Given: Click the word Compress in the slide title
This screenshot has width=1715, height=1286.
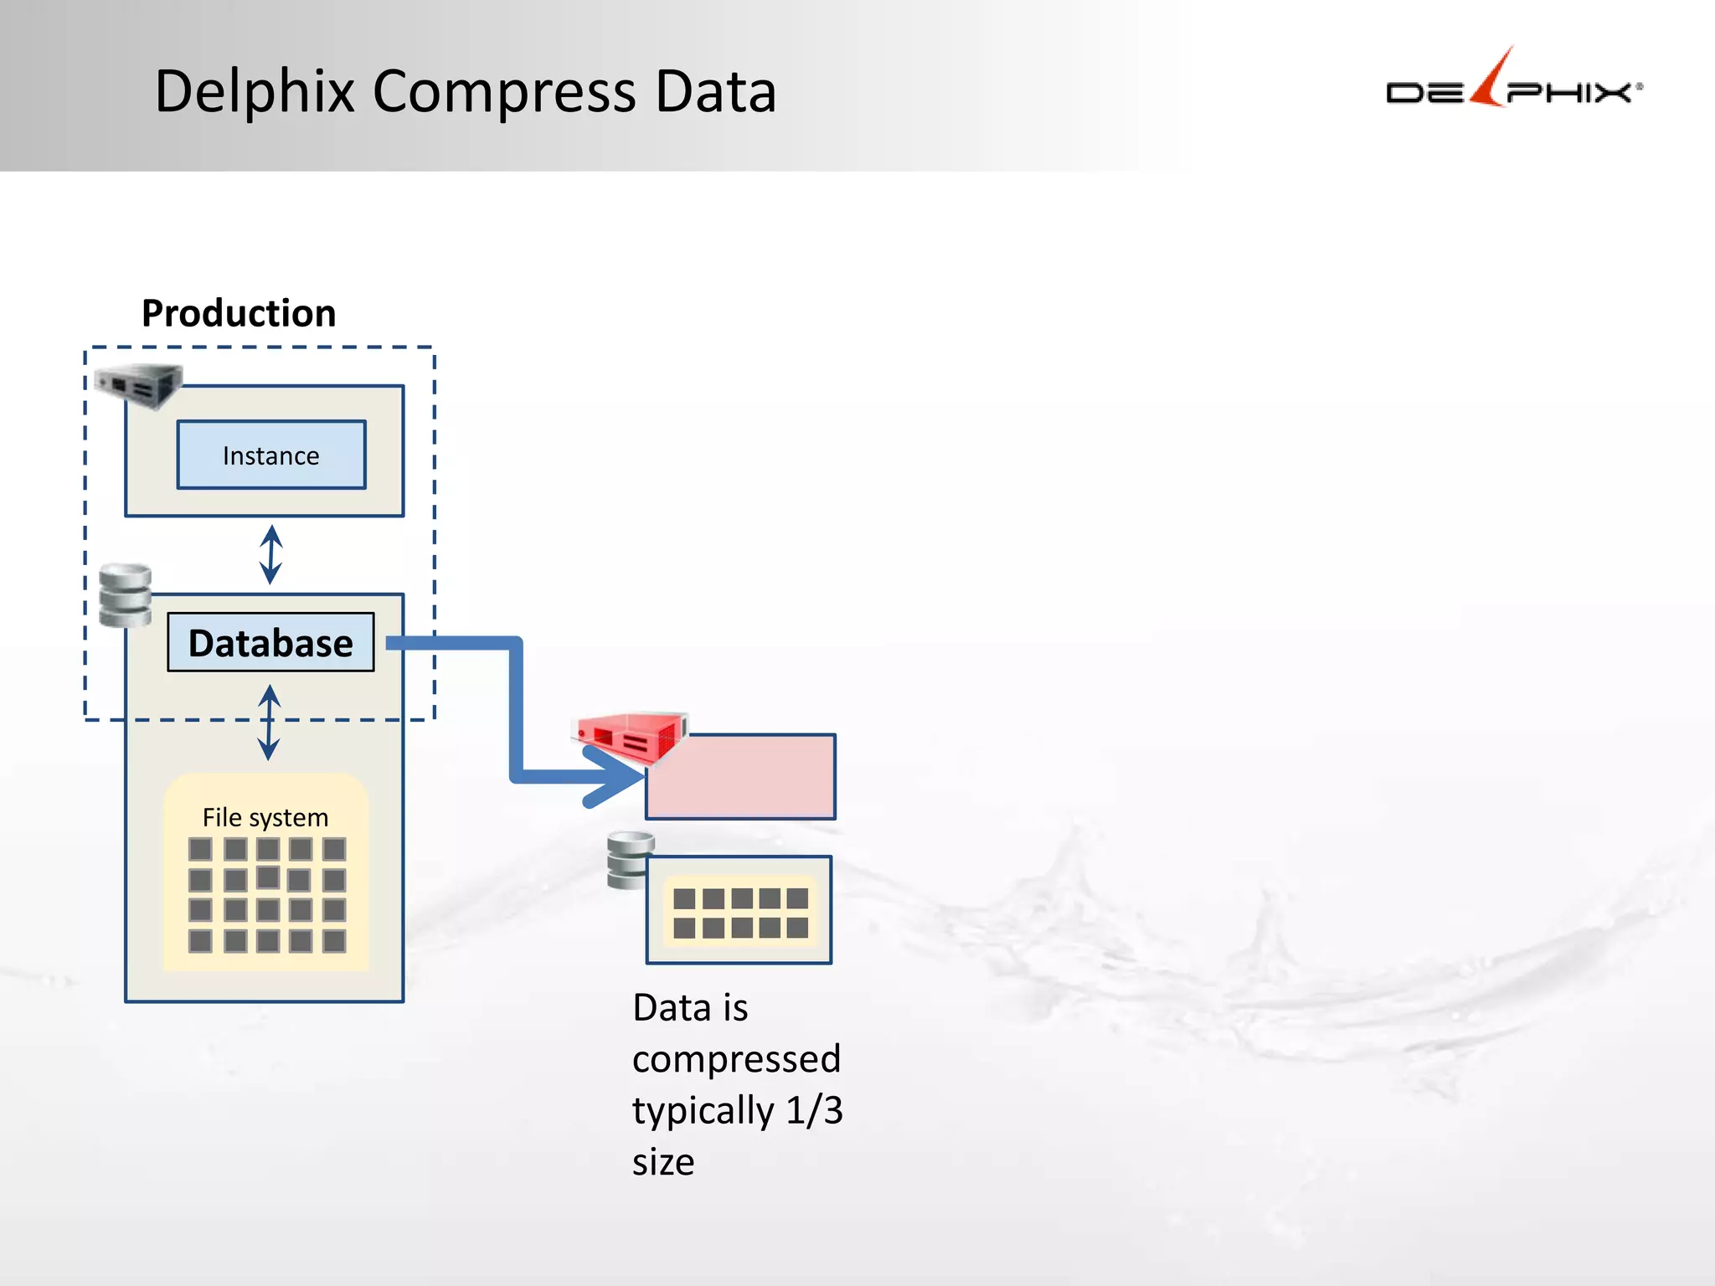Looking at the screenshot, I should click(503, 91).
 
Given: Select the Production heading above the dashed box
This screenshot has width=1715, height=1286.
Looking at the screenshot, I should click(239, 313).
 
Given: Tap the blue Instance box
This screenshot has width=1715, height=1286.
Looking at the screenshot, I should click(271, 455).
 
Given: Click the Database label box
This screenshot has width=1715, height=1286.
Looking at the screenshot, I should click(270, 642).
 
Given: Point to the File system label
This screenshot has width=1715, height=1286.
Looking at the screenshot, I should click(265, 817).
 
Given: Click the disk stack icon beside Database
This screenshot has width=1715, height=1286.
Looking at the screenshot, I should click(125, 595).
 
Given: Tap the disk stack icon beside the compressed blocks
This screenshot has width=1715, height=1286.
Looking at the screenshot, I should click(630, 860).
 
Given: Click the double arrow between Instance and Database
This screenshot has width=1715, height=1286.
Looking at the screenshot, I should click(270, 554).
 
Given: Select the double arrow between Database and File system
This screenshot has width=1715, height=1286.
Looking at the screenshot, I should click(269, 722).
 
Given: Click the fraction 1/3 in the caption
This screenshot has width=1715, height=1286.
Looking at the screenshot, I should click(814, 1110).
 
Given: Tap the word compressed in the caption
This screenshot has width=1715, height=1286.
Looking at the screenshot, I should click(736, 1059).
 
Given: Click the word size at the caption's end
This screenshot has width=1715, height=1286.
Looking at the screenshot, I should click(663, 1162).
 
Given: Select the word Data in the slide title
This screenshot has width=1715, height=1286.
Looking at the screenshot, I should click(716, 91).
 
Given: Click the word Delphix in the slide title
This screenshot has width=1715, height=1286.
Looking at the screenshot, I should click(255, 91).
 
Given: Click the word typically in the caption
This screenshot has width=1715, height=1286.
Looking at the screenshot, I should click(703, 1111).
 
